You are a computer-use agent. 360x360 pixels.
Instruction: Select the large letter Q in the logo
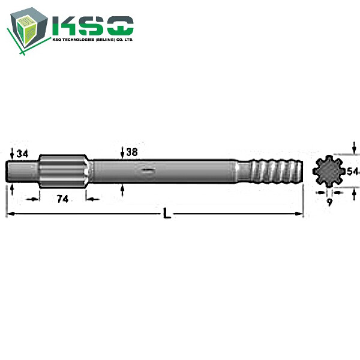pos(120,26)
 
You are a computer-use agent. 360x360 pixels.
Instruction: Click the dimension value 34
pos(23,154)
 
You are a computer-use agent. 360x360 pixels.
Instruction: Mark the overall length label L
pos(167,214)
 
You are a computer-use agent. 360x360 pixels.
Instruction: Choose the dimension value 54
pos(353,172)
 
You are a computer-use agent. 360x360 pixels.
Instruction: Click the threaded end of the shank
pos(272,171)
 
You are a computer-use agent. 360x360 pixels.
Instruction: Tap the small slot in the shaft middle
pos(147,172)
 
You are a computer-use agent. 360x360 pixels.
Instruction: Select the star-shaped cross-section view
pos(329,171)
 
